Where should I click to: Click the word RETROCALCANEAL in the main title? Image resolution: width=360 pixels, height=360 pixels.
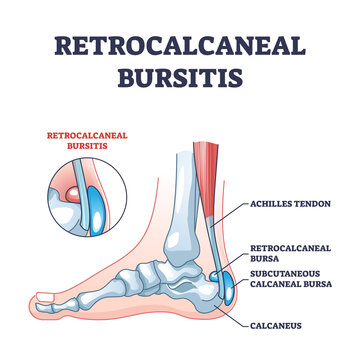[180, 47]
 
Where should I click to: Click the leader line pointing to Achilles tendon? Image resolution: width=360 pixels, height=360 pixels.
[228, 208]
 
